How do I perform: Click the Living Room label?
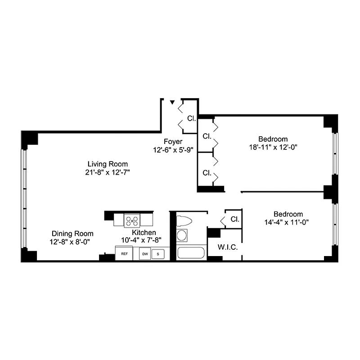108,164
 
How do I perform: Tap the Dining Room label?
72,234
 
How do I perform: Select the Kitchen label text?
144,232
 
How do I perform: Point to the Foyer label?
173,142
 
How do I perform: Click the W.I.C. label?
228,247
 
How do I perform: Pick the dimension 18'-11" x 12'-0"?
273,147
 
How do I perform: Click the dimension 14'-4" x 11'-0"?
286,222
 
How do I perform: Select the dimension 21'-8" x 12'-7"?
108,172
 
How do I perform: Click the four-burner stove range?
132,220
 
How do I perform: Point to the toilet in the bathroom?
184,220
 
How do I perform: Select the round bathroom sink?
182,235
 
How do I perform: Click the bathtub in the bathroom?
191,252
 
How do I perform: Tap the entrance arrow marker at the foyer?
172,103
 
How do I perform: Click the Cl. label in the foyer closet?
191,119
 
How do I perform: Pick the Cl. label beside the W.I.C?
234,220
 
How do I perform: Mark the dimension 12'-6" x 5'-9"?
173,149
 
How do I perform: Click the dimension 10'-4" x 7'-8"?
144,240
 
